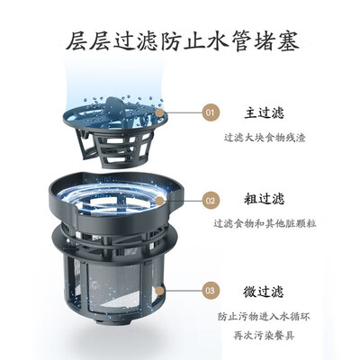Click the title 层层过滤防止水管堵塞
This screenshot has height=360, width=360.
point(183,41)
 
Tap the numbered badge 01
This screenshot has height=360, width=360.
point(211,112)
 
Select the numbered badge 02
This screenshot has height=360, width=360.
point(211,201)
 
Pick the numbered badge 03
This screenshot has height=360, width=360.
point(211,291)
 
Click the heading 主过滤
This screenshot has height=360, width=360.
point(264,112)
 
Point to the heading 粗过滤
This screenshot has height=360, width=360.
point(264,199)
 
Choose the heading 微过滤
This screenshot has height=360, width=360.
point(264,292)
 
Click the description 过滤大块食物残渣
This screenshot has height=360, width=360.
point(265,138)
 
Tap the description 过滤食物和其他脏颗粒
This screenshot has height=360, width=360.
point(265,223)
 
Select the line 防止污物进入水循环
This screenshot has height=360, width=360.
point(264,317)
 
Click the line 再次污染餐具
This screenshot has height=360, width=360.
point(264,336)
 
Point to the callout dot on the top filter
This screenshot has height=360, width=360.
point(160,113)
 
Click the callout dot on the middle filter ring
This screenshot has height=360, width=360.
point(160,201)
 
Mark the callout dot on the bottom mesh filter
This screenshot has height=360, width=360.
point(160,291)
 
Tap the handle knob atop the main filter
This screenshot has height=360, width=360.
point(114,105)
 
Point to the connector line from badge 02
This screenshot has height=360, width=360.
point(183,201)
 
